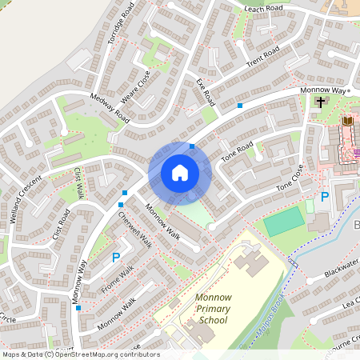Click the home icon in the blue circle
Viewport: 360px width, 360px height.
179,173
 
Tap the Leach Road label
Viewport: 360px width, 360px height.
264,8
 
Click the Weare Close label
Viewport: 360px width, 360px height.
135,88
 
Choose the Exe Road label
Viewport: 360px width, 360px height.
206,93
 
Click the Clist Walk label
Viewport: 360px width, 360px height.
78,183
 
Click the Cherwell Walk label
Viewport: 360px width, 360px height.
134,229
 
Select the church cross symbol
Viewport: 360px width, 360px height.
321,102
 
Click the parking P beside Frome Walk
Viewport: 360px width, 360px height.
116,258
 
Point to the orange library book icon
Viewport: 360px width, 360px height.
346,121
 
